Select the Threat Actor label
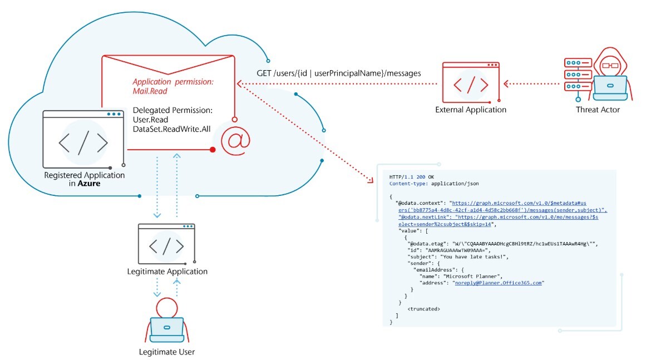point(598,110)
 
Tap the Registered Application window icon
point(83,139)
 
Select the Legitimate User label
point(167,352)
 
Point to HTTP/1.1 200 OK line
point(412,176)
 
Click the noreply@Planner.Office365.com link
point(499,283)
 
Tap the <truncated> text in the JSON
point(423,308)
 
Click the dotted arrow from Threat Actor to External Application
point(531,84)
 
